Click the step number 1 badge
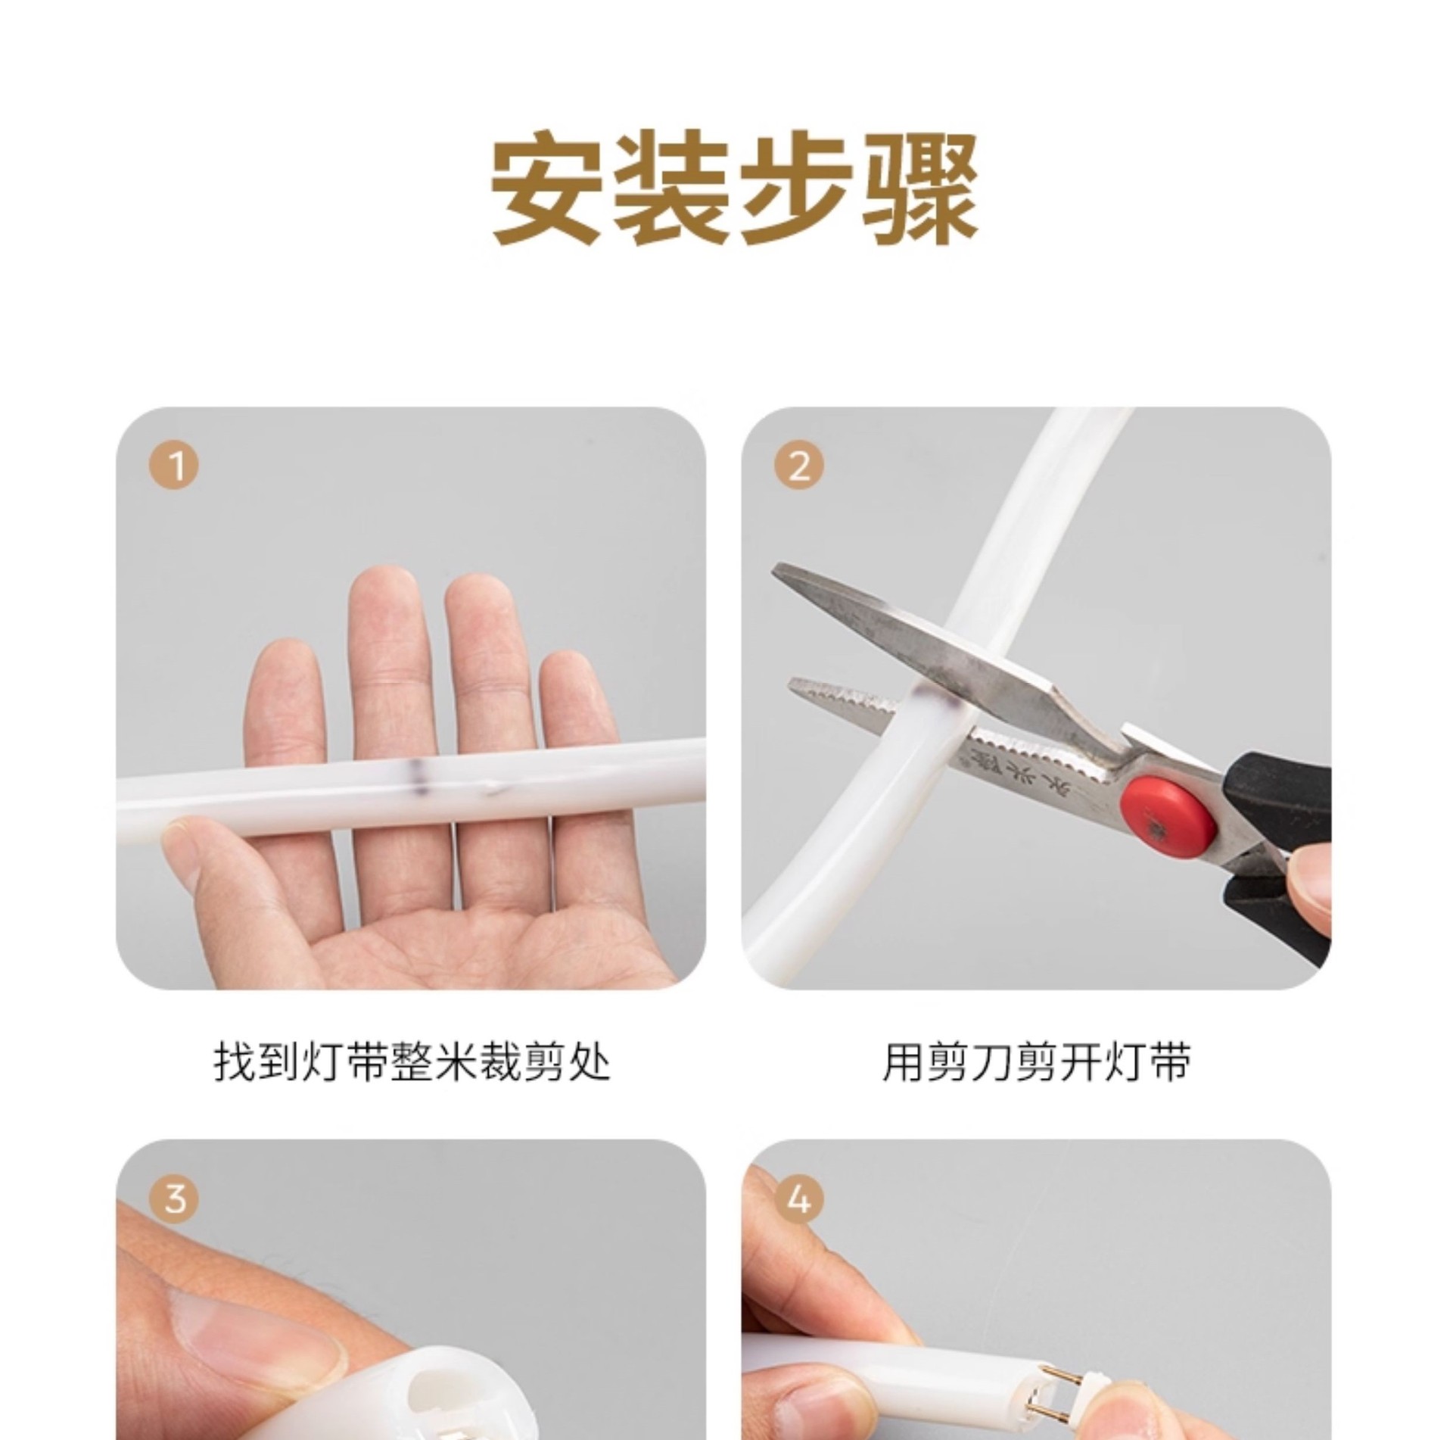pos(175,466)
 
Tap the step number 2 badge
pos(800,466)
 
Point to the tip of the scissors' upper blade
pos(776,570)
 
